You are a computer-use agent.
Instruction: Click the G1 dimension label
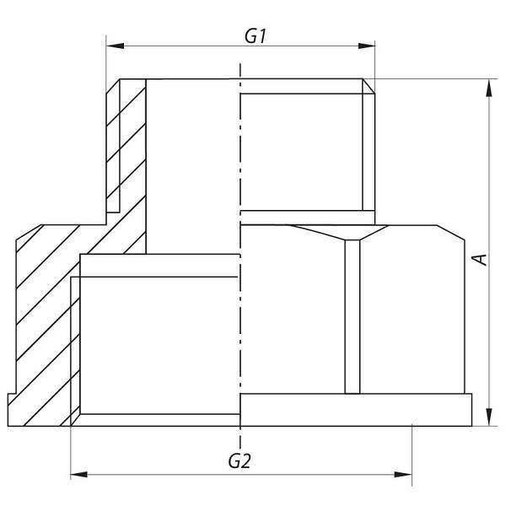pyautogui.click(x=256, y=35)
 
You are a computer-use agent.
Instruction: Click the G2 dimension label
pyautogui.click(x=240, y=461)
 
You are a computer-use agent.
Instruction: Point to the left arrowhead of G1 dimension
pyautogui.click(x=116, y=46)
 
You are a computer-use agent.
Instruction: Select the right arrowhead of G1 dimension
pyautogui.click(x=366, y=46)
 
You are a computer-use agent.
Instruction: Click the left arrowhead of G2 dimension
pyautogui.click(x=79, y=475)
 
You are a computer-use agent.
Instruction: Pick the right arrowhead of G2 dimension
pyautogui.click(x=403, y=475)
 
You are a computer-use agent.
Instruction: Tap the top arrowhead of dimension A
pyautogui.click(x=489, y=88)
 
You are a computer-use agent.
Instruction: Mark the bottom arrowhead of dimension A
pyautogui.click(x=489, y=417)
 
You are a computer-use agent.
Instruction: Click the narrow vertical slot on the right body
pyautogui.click(x=353, y=316)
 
